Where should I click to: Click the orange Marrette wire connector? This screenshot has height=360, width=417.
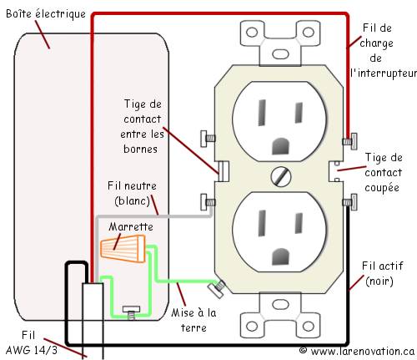tap(123, 248)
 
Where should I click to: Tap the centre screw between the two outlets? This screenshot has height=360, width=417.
tap(281, 176)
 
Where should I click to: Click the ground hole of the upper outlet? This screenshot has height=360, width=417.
tap(281, 146)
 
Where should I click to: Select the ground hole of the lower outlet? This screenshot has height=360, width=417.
tap(281, 256)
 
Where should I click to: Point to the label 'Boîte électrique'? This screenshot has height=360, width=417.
tap(46, 13)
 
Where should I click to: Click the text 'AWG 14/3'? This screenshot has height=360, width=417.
tap(31, 350)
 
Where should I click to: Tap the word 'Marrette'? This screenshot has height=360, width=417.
tap(131, 226)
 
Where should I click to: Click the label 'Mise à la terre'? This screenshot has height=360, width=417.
tap(193, 320)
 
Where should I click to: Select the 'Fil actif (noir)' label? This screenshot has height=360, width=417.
tap(382, 273)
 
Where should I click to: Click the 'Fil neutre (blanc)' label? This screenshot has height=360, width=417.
tap(132, 193)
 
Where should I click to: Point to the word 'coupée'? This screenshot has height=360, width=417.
tap(382, 188)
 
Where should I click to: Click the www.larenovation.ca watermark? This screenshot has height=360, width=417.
tap(357, 351)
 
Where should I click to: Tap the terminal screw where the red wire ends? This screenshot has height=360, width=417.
tap(349, 141)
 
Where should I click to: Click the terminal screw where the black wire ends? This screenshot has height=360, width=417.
tap(349, 202)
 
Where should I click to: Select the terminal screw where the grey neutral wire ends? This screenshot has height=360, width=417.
tap(208, 202)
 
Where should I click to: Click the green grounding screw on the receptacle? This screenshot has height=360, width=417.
tap(218, 289)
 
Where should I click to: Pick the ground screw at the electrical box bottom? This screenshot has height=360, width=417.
tap(132, 312)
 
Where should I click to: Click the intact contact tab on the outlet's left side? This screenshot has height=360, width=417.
tap(224, 170)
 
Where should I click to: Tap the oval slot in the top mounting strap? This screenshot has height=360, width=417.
tap(280, 53)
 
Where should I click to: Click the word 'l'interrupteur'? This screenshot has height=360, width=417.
tap(384, 74)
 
